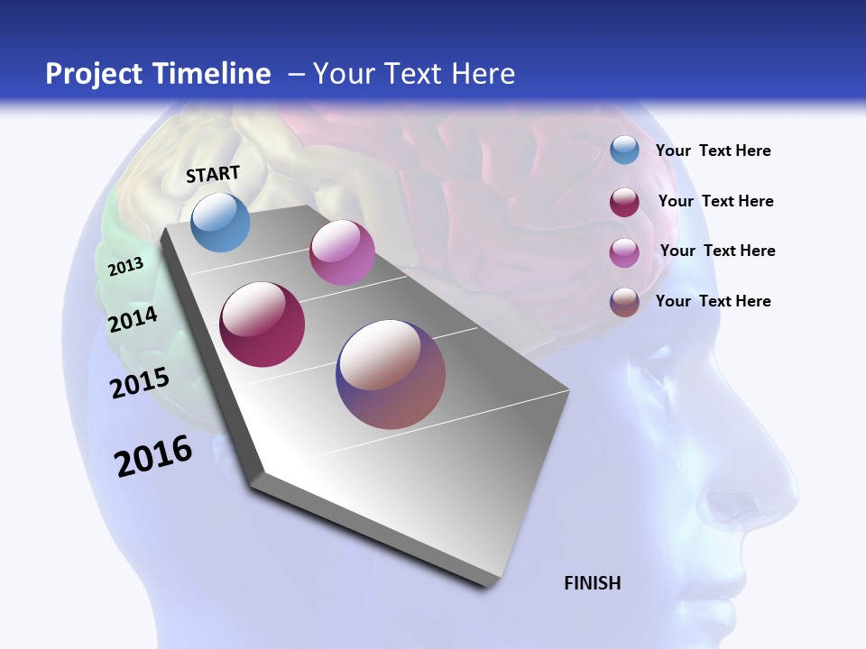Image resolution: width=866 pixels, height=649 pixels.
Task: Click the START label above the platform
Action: coord(213,174)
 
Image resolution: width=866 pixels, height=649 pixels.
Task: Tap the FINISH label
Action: coord(592,583)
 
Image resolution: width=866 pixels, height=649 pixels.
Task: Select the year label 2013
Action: coord(125,266)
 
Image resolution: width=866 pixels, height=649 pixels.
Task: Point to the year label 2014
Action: coord(133,319)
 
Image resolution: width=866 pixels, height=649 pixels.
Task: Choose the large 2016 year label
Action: coord(153,456)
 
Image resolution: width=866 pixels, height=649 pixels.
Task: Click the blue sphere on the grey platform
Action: coord(220,222)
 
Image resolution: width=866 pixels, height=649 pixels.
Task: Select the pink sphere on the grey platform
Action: coord(342,252)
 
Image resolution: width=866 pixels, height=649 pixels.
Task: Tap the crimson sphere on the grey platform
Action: coord(263,324)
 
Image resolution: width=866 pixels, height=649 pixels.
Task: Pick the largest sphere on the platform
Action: coord(391,374)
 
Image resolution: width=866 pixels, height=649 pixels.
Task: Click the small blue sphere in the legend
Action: coord(624,151)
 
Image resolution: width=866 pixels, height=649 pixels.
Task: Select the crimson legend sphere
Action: coord(624,202)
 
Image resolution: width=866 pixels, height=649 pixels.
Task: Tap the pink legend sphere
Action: coord(624,252)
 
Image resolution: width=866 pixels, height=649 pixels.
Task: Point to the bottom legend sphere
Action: coord(624,302)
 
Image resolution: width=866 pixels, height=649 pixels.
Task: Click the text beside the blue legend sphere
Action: coord(713,151)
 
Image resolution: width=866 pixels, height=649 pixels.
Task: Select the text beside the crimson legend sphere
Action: coord(715,201)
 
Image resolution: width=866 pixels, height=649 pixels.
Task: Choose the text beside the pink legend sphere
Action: coord(717,251)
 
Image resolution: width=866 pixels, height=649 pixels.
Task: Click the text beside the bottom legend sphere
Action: coord(713,301)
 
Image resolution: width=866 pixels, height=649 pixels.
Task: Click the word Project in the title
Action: coord(93,74)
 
